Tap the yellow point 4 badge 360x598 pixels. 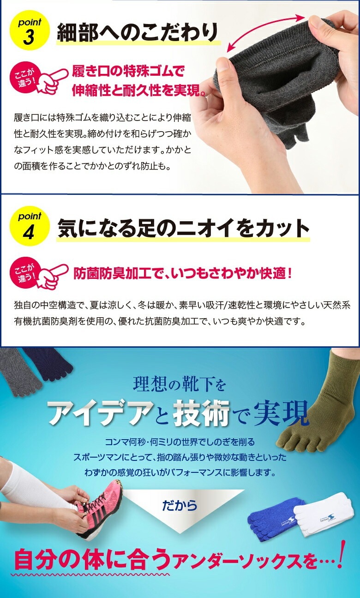tap(30, 226)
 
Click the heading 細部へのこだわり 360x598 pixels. tap(138, 33)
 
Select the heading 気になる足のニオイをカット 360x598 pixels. tap(183, 228)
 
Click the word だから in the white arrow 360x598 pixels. tap(180, 505)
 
